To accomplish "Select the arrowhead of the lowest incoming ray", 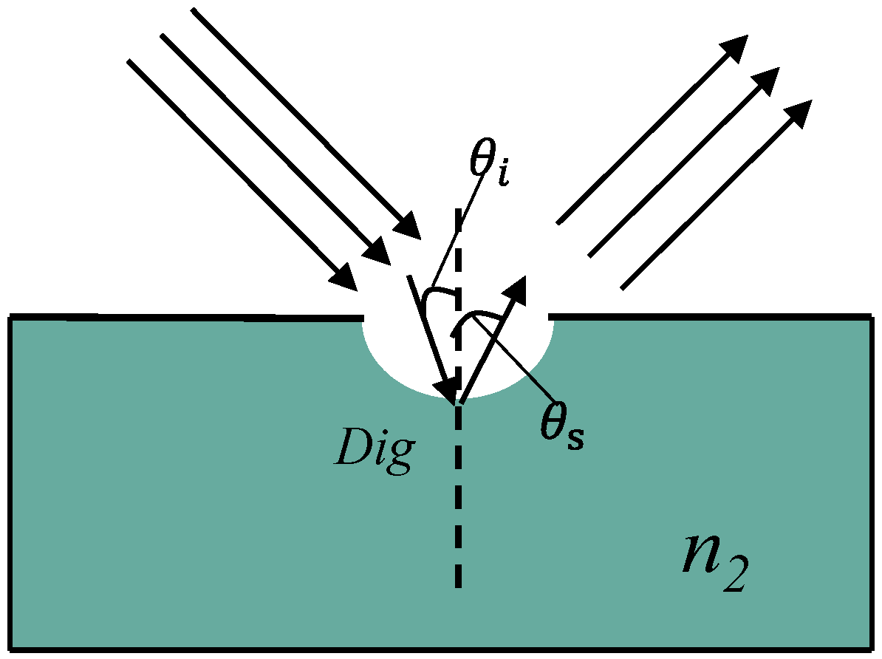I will [344, 277].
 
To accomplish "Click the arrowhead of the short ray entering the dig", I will [448, 386].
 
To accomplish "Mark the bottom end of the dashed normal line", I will [459, 584].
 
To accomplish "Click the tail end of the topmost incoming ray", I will [194, 12].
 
